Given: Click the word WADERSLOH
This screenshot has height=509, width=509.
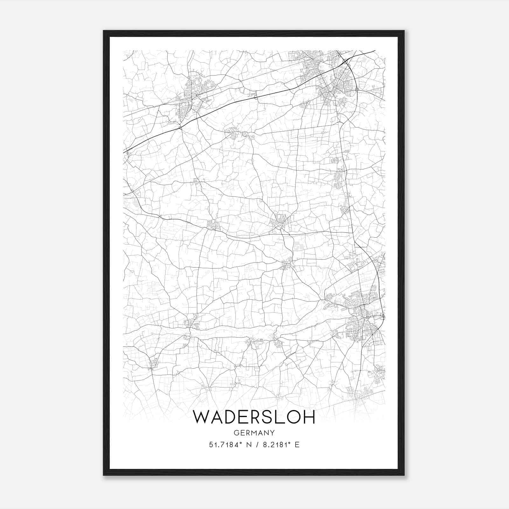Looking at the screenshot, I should (x=254, y=417).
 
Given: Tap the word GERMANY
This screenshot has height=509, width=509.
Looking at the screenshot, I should (x=254, y=433).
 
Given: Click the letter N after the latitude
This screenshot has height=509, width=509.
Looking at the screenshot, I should (x=249, y=445).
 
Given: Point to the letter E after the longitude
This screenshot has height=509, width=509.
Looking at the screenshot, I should (x=297, y=445).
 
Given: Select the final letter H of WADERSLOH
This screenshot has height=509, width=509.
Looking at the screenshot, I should (x=309, y=417).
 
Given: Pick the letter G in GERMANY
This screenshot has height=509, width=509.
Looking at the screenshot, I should (x=236, y=433).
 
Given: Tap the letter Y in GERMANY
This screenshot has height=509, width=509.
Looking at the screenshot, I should (x=273, y=433).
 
